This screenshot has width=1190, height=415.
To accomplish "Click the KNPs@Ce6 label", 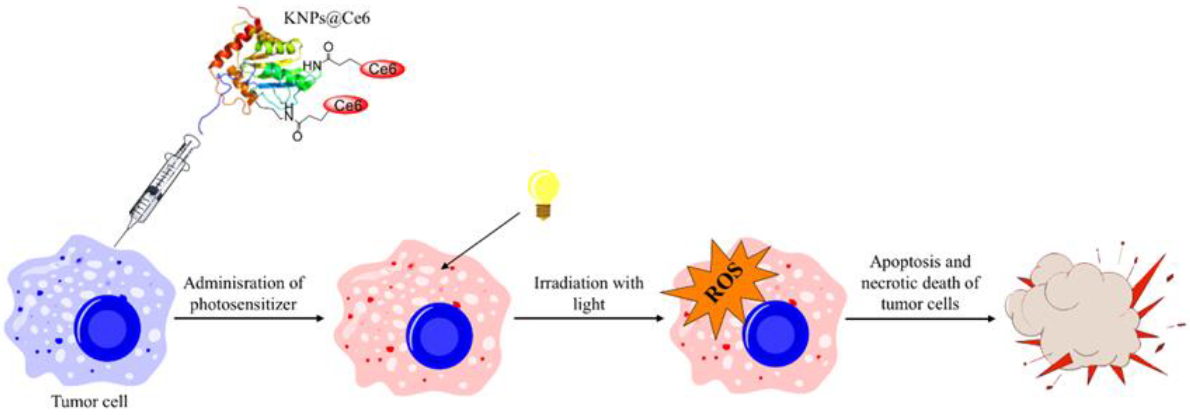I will coord(327,19).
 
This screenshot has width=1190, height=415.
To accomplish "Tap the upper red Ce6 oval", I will coord(382,69).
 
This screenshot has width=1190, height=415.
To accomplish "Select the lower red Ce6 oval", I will coord(346,106).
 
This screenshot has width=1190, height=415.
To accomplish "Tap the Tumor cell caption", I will coord(90,401).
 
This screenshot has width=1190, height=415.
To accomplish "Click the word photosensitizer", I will coord(244,304).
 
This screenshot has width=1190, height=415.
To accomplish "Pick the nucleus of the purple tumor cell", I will coord(107,328).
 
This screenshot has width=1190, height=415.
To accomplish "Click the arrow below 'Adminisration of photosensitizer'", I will coord(249,318).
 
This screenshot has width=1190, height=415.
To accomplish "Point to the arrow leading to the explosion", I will coord(920,318).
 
